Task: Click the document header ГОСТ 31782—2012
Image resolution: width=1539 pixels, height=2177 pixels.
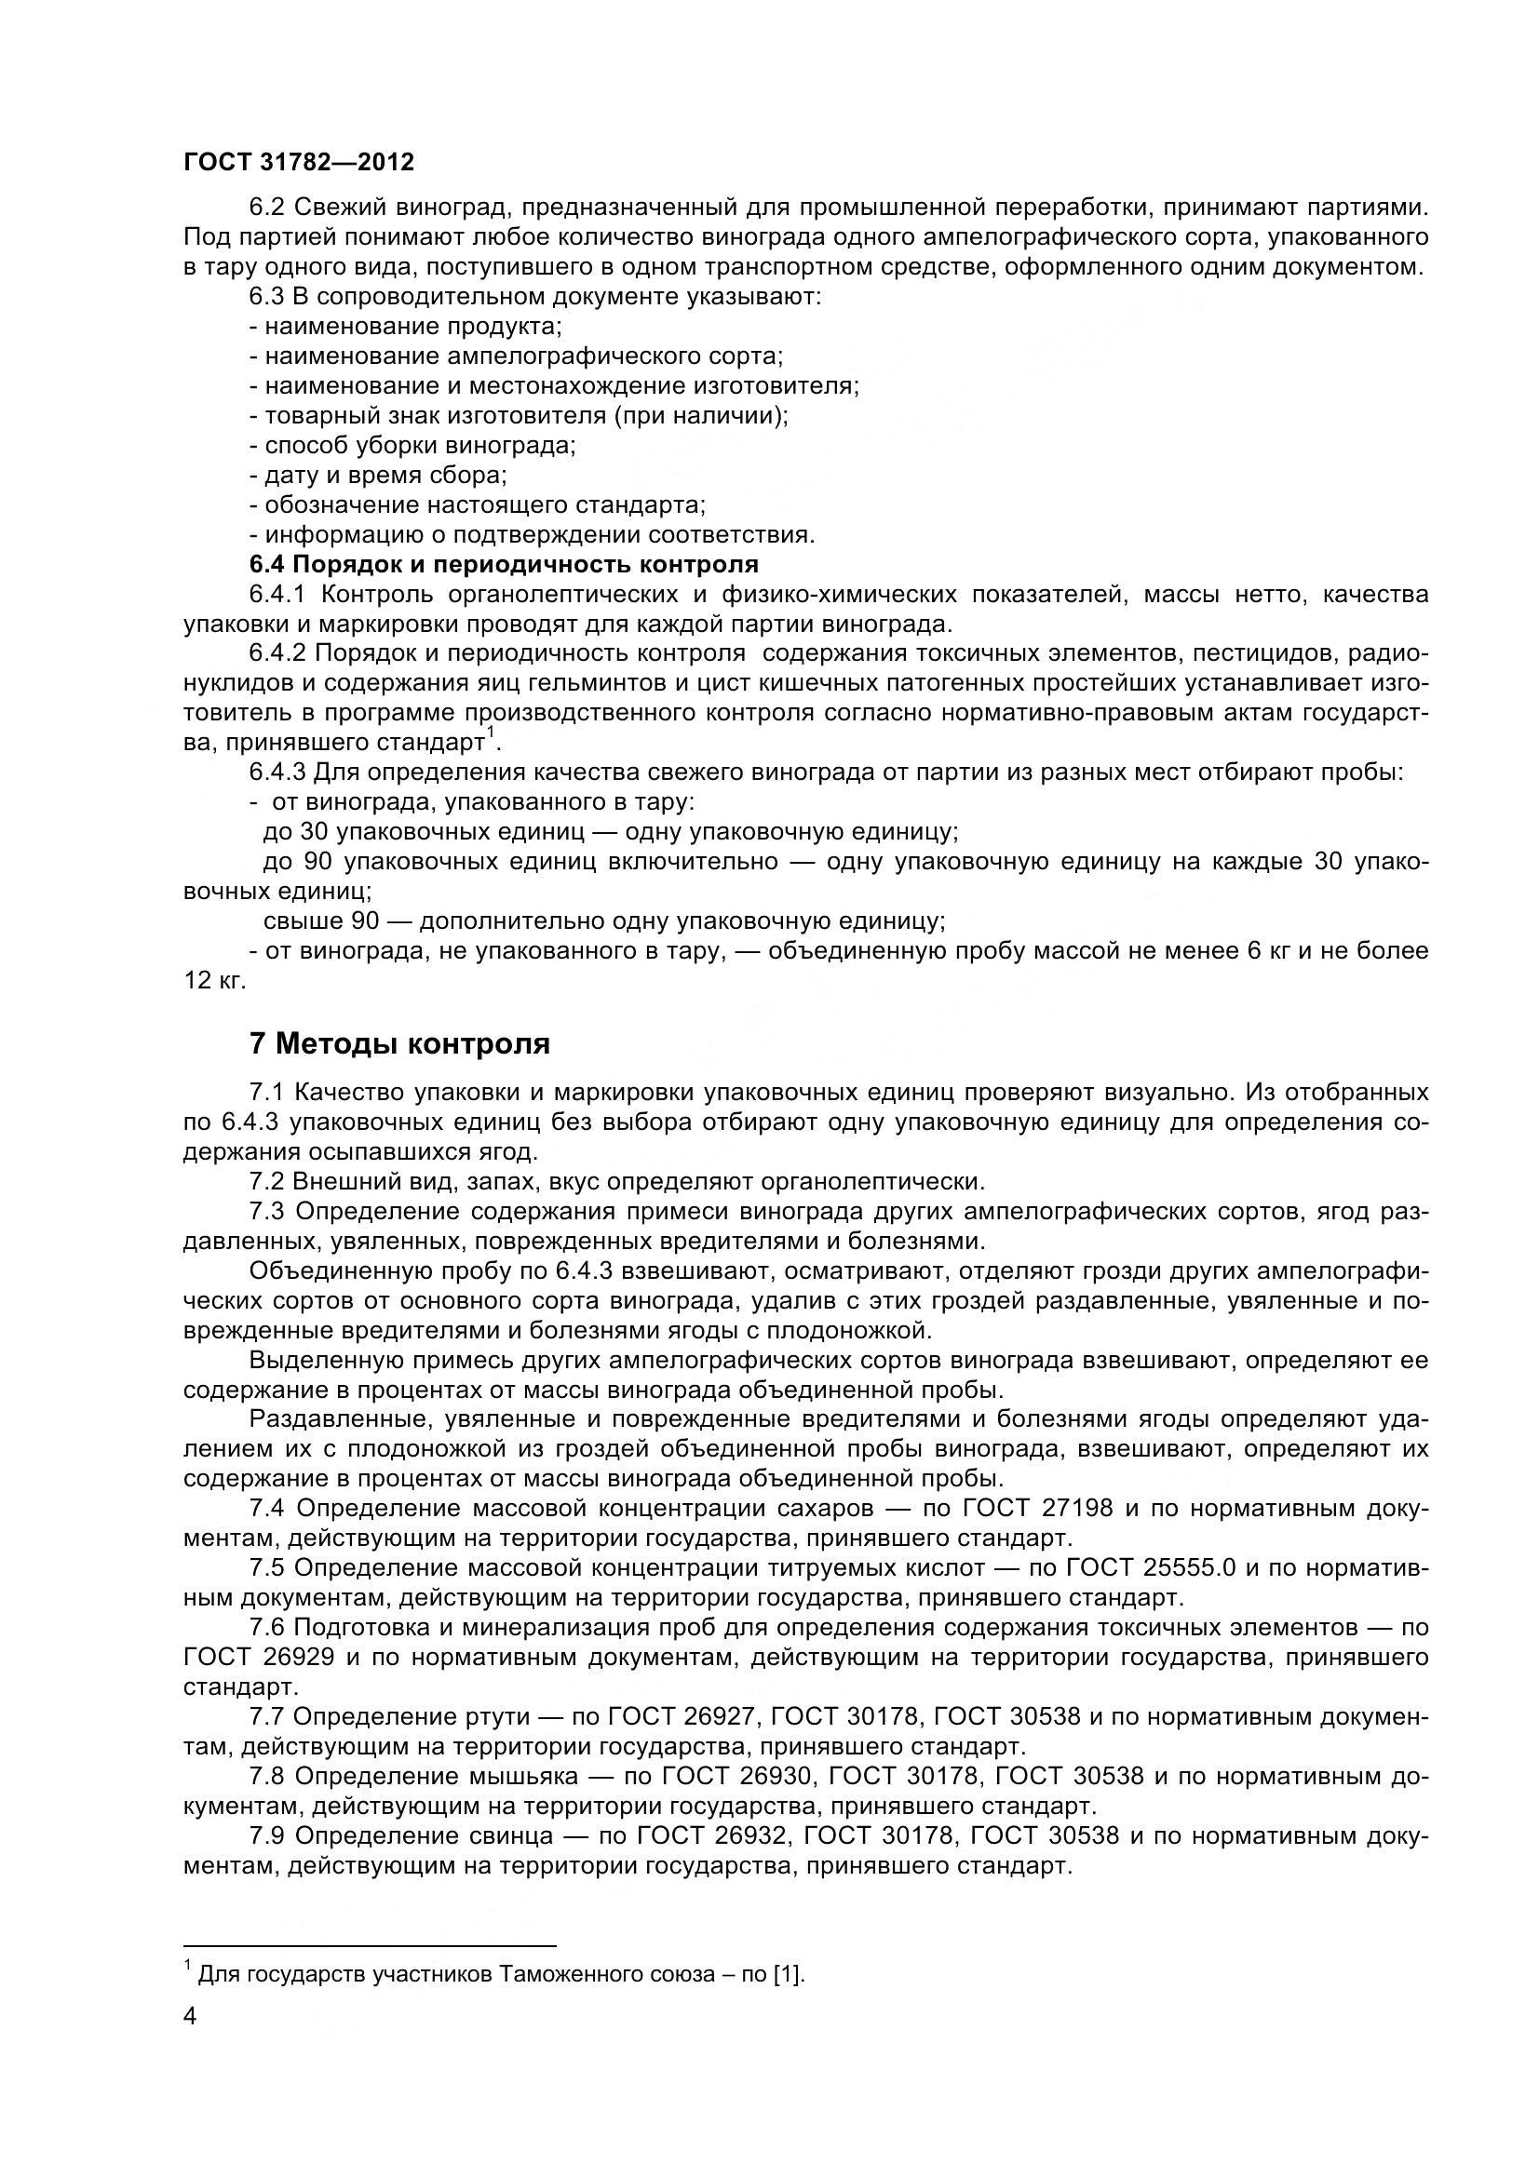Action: [299, 162]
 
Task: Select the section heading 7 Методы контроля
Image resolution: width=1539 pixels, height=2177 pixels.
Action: [399, 1044]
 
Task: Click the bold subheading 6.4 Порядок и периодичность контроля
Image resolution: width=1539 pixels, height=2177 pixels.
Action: [504, 565]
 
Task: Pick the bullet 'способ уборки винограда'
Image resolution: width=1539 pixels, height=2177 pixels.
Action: [412, 446]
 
